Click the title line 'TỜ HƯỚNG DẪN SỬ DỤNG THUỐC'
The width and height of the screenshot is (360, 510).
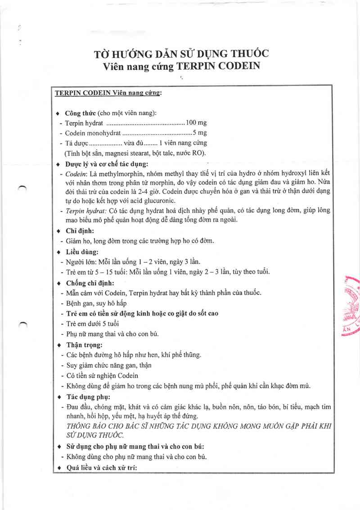[181, 54]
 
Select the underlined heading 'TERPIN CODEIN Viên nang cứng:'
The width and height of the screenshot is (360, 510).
[108, 93]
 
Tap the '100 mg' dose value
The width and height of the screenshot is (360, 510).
[196, 122]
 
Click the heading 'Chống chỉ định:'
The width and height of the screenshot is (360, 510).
[90, 283]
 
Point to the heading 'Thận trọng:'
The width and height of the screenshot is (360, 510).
[84, 345]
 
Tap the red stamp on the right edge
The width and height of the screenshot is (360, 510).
[352, 306]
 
